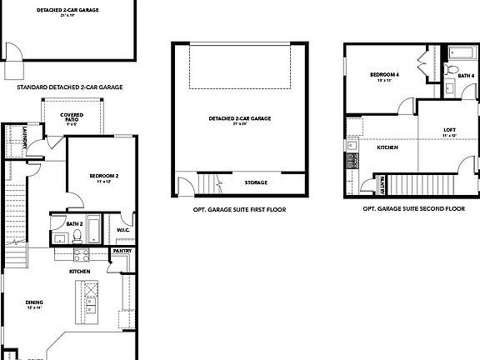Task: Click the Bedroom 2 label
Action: pos(105,176)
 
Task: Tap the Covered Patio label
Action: pos(71,118)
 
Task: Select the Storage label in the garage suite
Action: pos(256,182)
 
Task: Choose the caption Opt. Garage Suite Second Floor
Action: pos(413,209)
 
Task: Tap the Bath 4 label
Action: pos(467,77)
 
